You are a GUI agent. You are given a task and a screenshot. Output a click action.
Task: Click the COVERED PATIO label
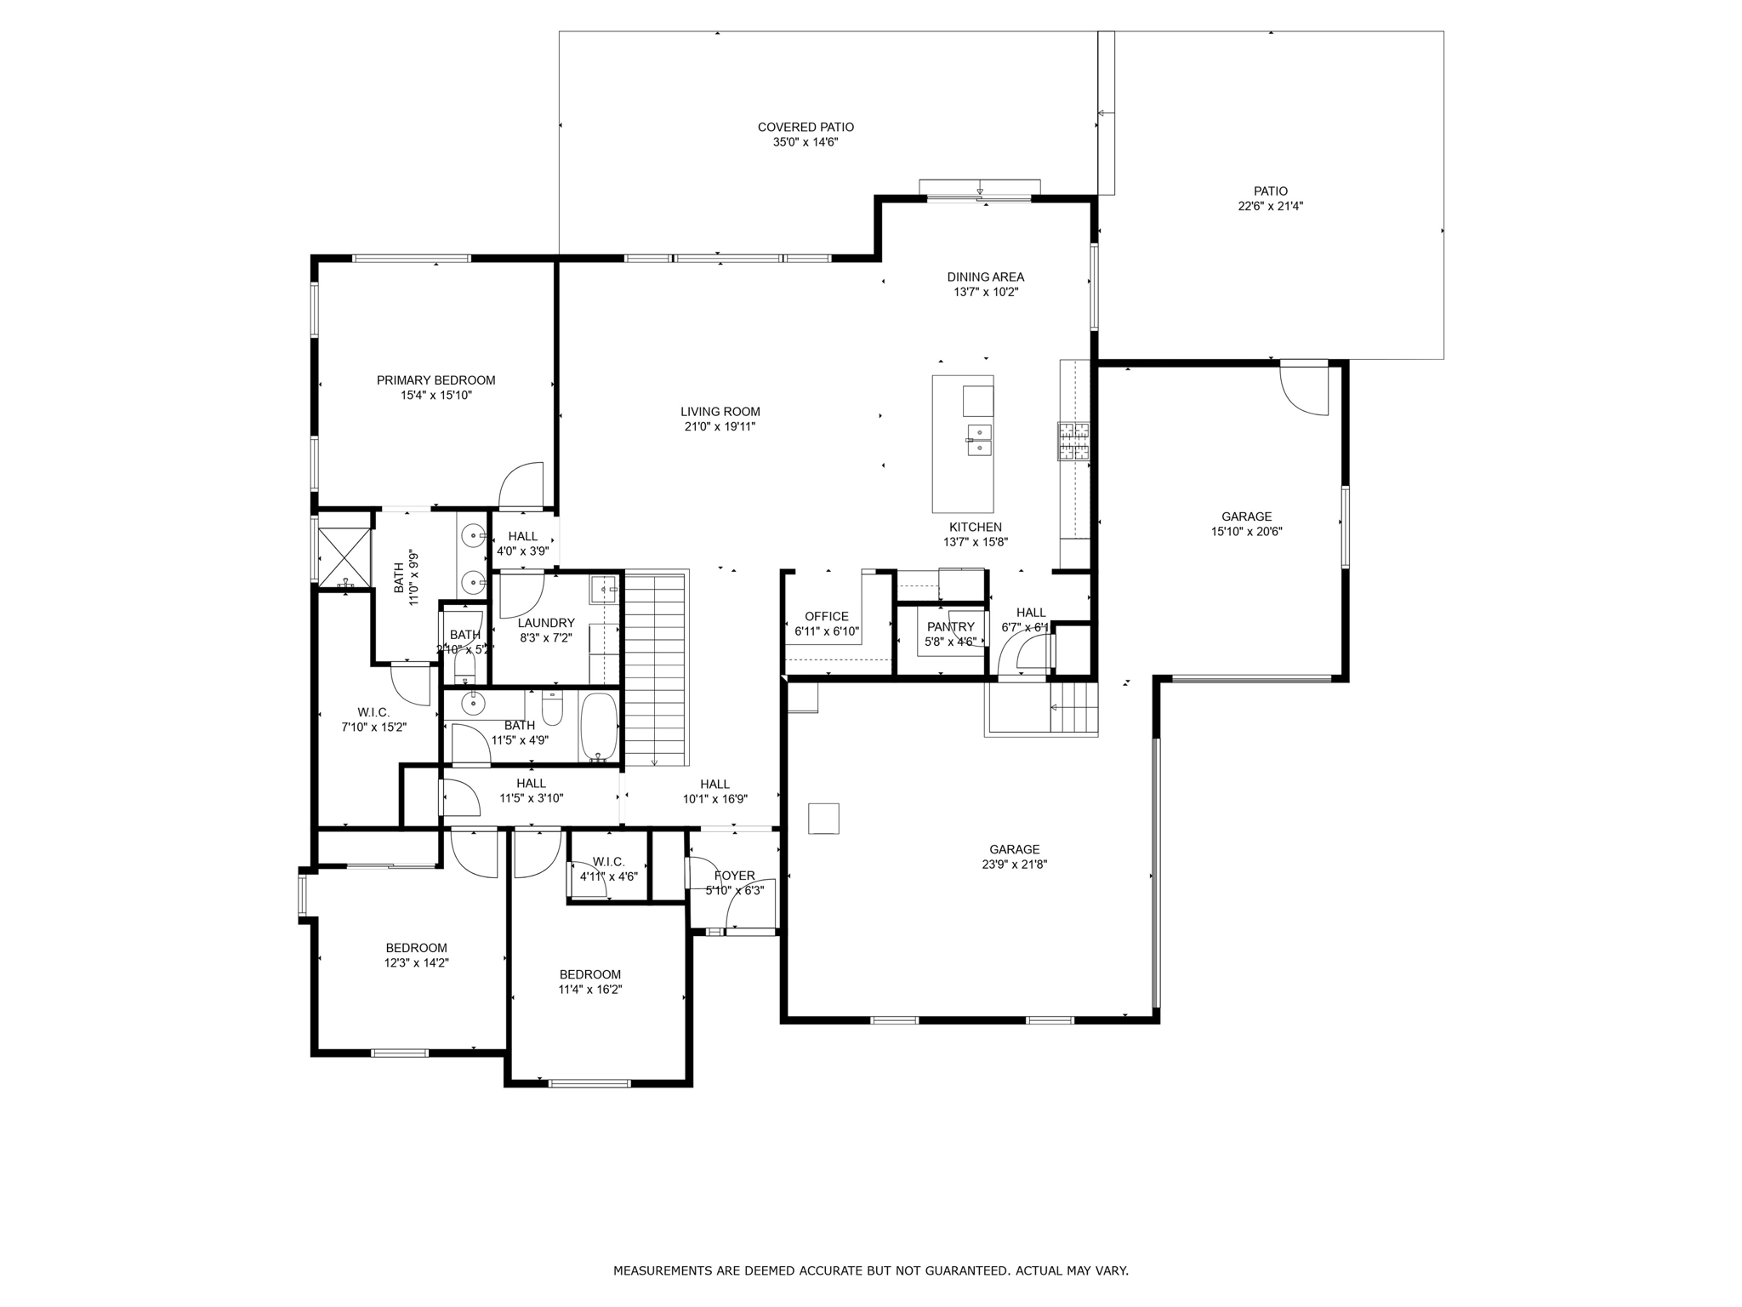click(806, 128)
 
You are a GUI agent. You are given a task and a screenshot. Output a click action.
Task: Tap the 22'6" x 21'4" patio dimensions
click(1270, 206)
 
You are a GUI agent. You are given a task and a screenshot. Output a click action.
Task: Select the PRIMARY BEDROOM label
click(435, 380)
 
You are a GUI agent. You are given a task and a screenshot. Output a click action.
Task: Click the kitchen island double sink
click(979, 440)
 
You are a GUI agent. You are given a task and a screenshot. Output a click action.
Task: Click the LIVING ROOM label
click(720, 412)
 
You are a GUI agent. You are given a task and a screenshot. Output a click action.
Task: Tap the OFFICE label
click(826, 617)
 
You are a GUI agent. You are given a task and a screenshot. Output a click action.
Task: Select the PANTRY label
click(950, 627)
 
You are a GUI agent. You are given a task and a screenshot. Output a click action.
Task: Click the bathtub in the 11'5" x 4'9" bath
click(599, 728)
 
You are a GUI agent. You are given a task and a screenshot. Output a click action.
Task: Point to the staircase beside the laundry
click(654, 668)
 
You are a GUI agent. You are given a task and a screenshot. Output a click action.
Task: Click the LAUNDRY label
click(546, 623)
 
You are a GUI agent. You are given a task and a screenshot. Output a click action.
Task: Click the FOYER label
click(734, 876)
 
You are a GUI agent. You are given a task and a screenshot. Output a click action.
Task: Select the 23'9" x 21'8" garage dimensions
click(1014, 865)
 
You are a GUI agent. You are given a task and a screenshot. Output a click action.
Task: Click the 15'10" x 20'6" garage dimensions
click(1246, 532)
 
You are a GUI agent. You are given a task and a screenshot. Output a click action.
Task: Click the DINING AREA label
click(985, 277)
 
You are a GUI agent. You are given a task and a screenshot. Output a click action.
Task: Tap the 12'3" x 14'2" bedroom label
click(416, 948)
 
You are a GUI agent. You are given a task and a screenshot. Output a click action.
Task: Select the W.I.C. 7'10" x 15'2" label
click(373, 712)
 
